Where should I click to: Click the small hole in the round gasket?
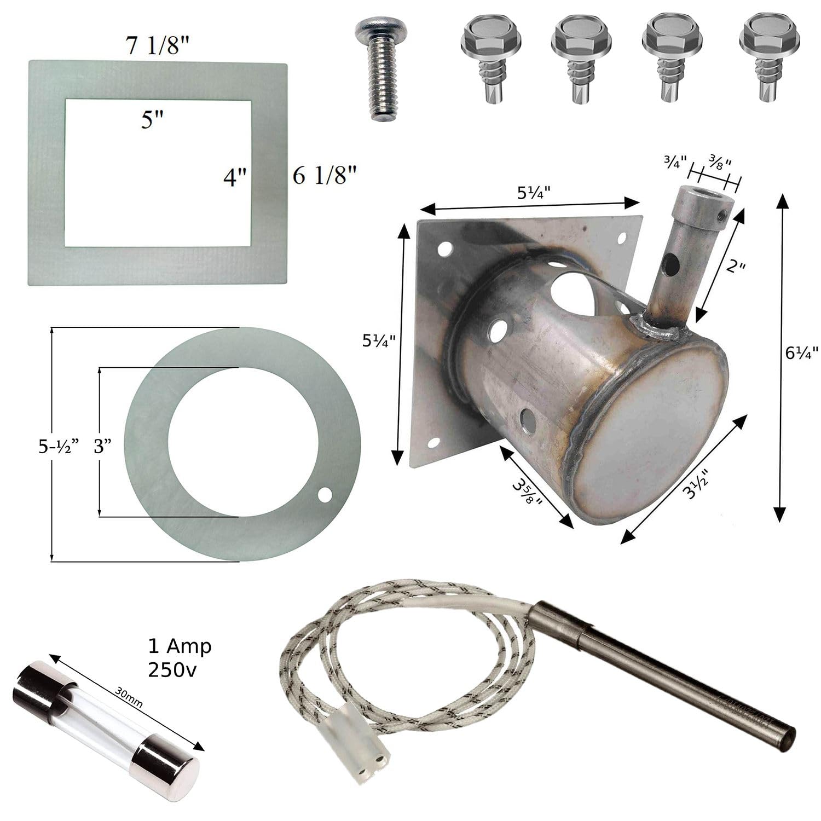326,495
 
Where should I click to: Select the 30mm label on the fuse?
129,698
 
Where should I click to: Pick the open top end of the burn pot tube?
702,194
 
